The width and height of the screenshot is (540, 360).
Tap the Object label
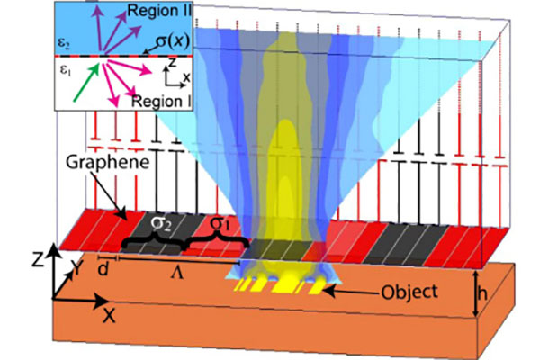coord(409,292)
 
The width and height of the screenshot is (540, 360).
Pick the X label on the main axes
coord(109,315)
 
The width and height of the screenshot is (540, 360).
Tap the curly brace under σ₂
coord(148,239)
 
